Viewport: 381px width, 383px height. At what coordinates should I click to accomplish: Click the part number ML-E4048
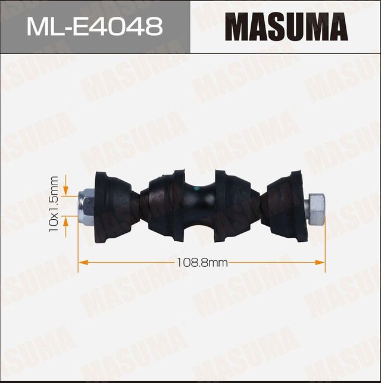pyautogui.click(x=95, y=27)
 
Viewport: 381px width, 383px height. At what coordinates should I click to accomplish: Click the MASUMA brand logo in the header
pyautogui.click(x=286, y=27)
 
